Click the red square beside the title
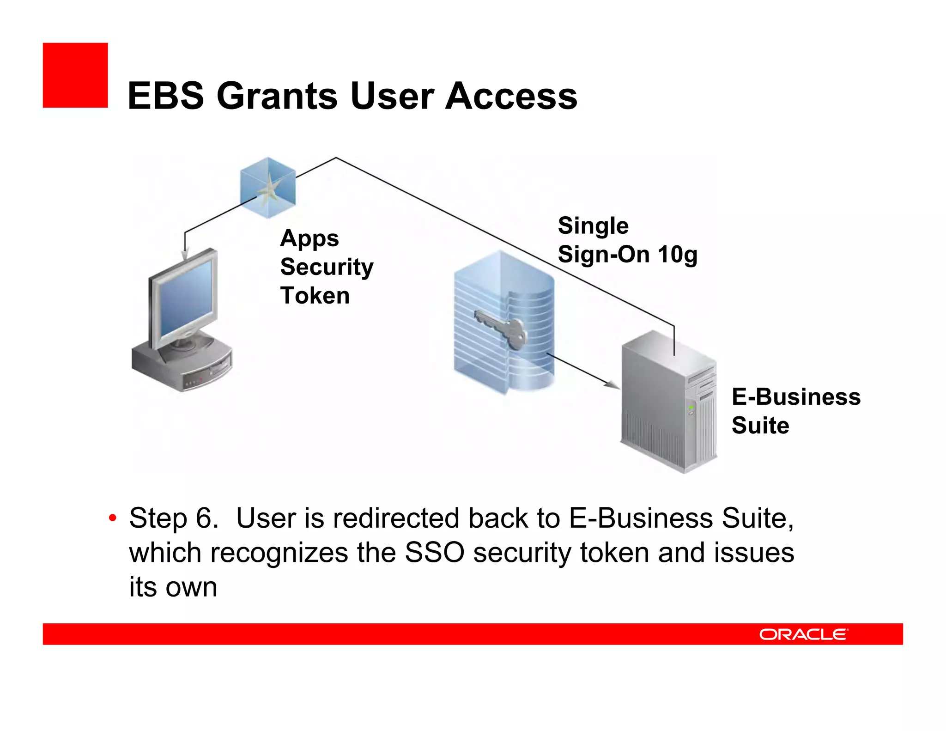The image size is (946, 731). [75, 75]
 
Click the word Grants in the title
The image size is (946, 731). [277, 96]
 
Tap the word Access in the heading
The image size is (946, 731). [511, 96]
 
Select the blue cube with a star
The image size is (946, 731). [268, 188]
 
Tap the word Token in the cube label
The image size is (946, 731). [315, 296]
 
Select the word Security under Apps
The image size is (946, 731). [327, 267]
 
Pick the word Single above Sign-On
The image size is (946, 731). [593, 226]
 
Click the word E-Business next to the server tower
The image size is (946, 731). [796, 397]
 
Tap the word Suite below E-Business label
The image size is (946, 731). [760, 426]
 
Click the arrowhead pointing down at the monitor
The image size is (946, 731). [185, 255]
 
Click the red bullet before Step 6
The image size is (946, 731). [112, 518]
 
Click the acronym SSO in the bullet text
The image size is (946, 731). [434, 553]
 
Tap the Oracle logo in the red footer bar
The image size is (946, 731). [803, 634]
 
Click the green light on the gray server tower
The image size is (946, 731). [691, 407]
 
